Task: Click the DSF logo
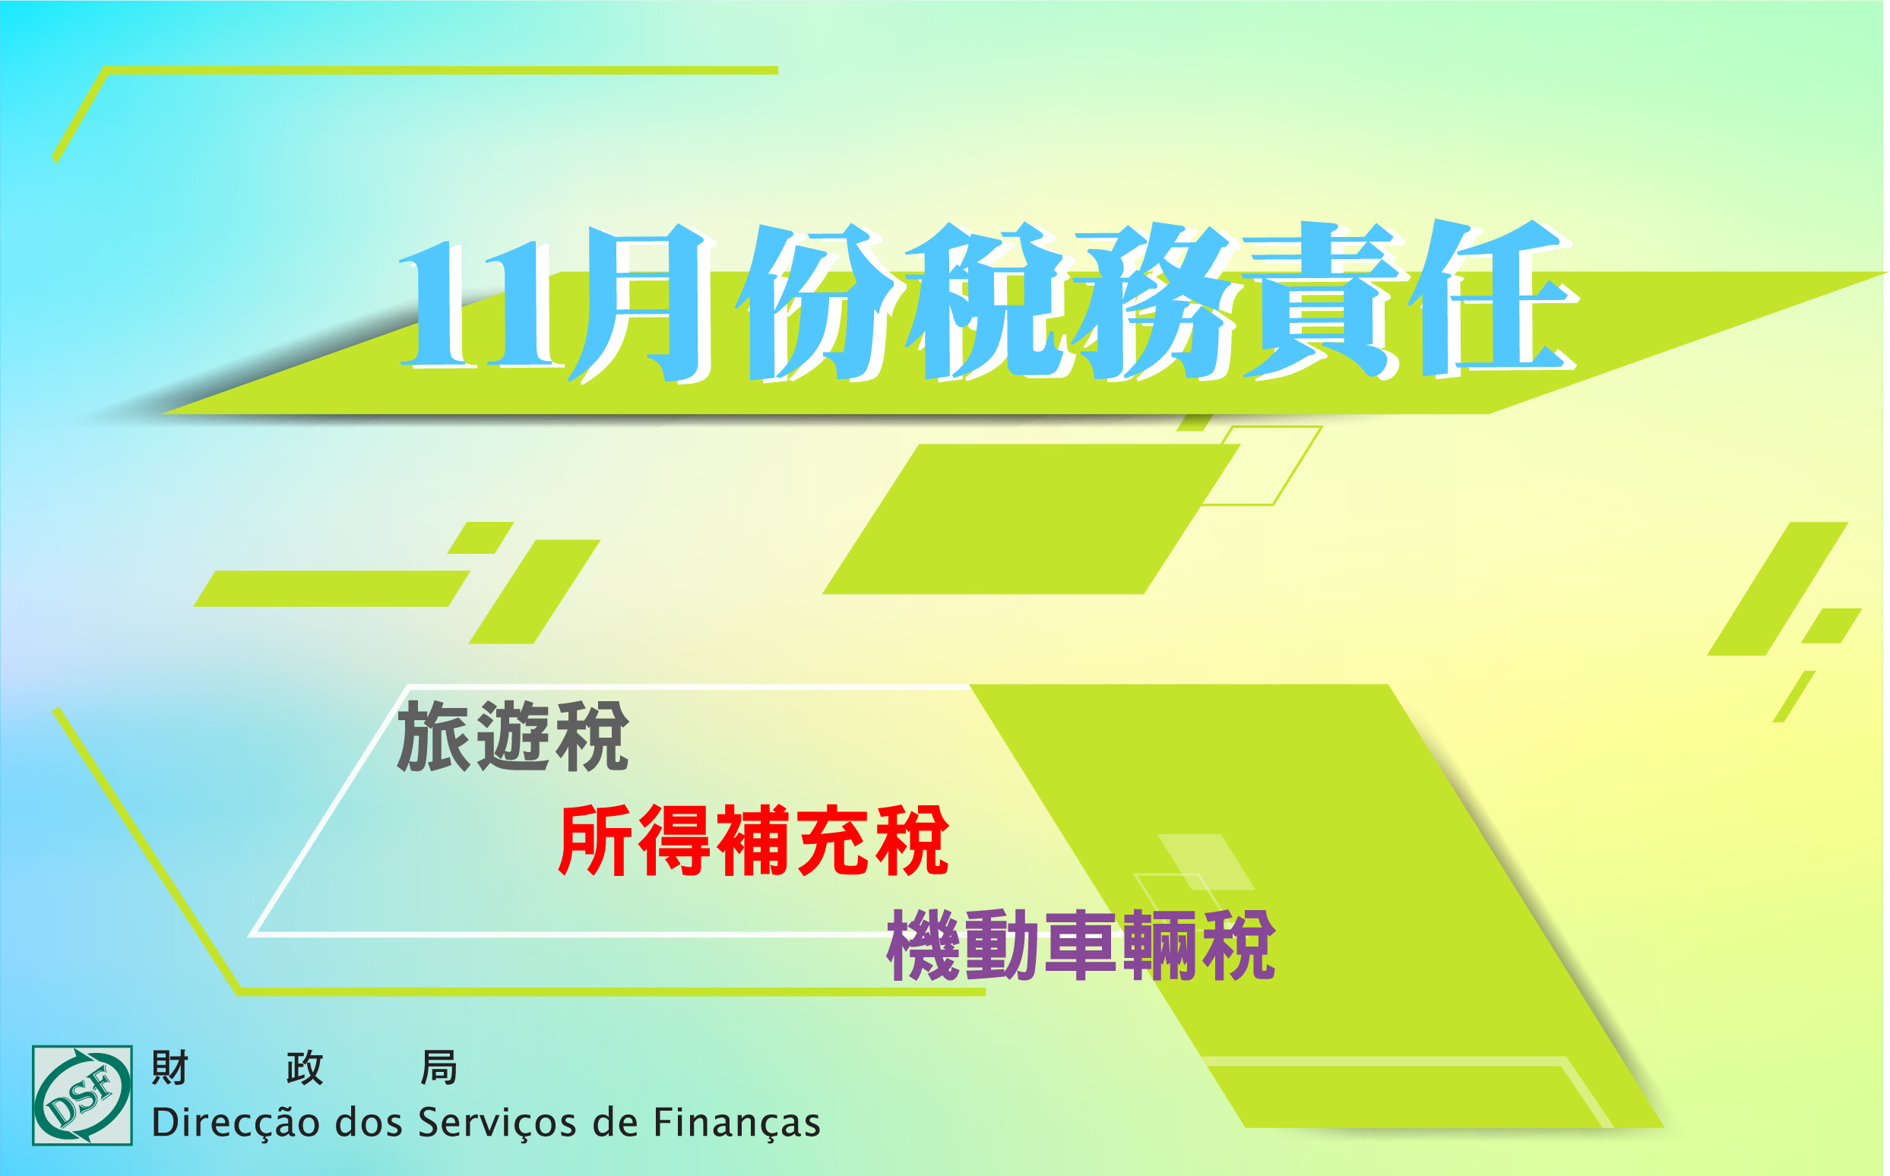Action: point(82,1095)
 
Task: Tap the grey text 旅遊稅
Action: point(513,736)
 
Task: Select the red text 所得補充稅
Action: point(753,840)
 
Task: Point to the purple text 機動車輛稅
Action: point(1081,945)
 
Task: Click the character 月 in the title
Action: point(642,303)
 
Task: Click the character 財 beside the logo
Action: point(169,1067)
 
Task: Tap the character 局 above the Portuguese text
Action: point(438,1067)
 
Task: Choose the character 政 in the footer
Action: point(304,1067)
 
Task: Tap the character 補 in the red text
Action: point(753,840)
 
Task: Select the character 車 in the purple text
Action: point(1081,945)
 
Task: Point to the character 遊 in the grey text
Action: point(514,736)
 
